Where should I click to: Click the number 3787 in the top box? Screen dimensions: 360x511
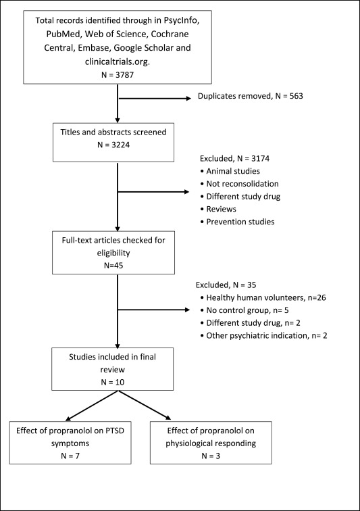coord(125,74)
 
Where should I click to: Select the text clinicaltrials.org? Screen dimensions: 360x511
coord(118,62)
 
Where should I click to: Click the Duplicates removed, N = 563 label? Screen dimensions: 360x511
coord(250,96)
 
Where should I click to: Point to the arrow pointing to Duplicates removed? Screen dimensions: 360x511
coord(155,98)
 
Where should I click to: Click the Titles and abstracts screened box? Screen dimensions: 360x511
coord(113,143)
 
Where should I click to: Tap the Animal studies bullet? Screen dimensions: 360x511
coord(230,171)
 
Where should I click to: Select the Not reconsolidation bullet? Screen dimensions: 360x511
coord(240,184)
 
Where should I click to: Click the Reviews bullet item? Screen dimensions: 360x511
coord(218,209)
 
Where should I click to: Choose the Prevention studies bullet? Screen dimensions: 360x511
coord(237,222)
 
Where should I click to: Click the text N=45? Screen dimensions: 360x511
coord(113,265)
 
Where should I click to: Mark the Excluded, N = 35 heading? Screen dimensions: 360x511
coord(226,285)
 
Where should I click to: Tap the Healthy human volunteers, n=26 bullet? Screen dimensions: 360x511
coord(263,297)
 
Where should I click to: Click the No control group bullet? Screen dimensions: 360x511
coord(245,310)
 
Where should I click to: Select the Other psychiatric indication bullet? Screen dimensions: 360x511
coord(263,336)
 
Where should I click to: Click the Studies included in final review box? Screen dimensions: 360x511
coord(112,369)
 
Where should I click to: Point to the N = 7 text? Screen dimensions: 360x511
coord(70,456)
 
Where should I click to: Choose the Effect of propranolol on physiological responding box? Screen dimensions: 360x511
coord(211,443)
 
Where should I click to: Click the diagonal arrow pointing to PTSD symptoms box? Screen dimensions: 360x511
coord(92,406)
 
